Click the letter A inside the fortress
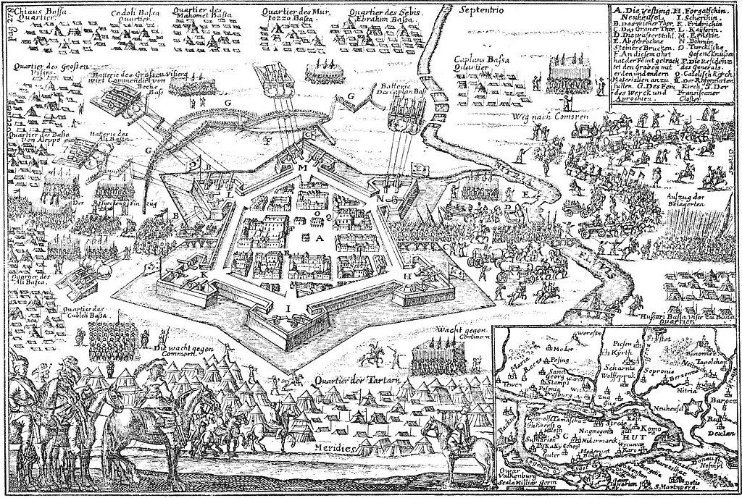[x=317, y=238]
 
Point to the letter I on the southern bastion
[x=289, y=307]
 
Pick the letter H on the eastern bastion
[x=408, y=277]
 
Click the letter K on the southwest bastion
[x=205, y=276]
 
